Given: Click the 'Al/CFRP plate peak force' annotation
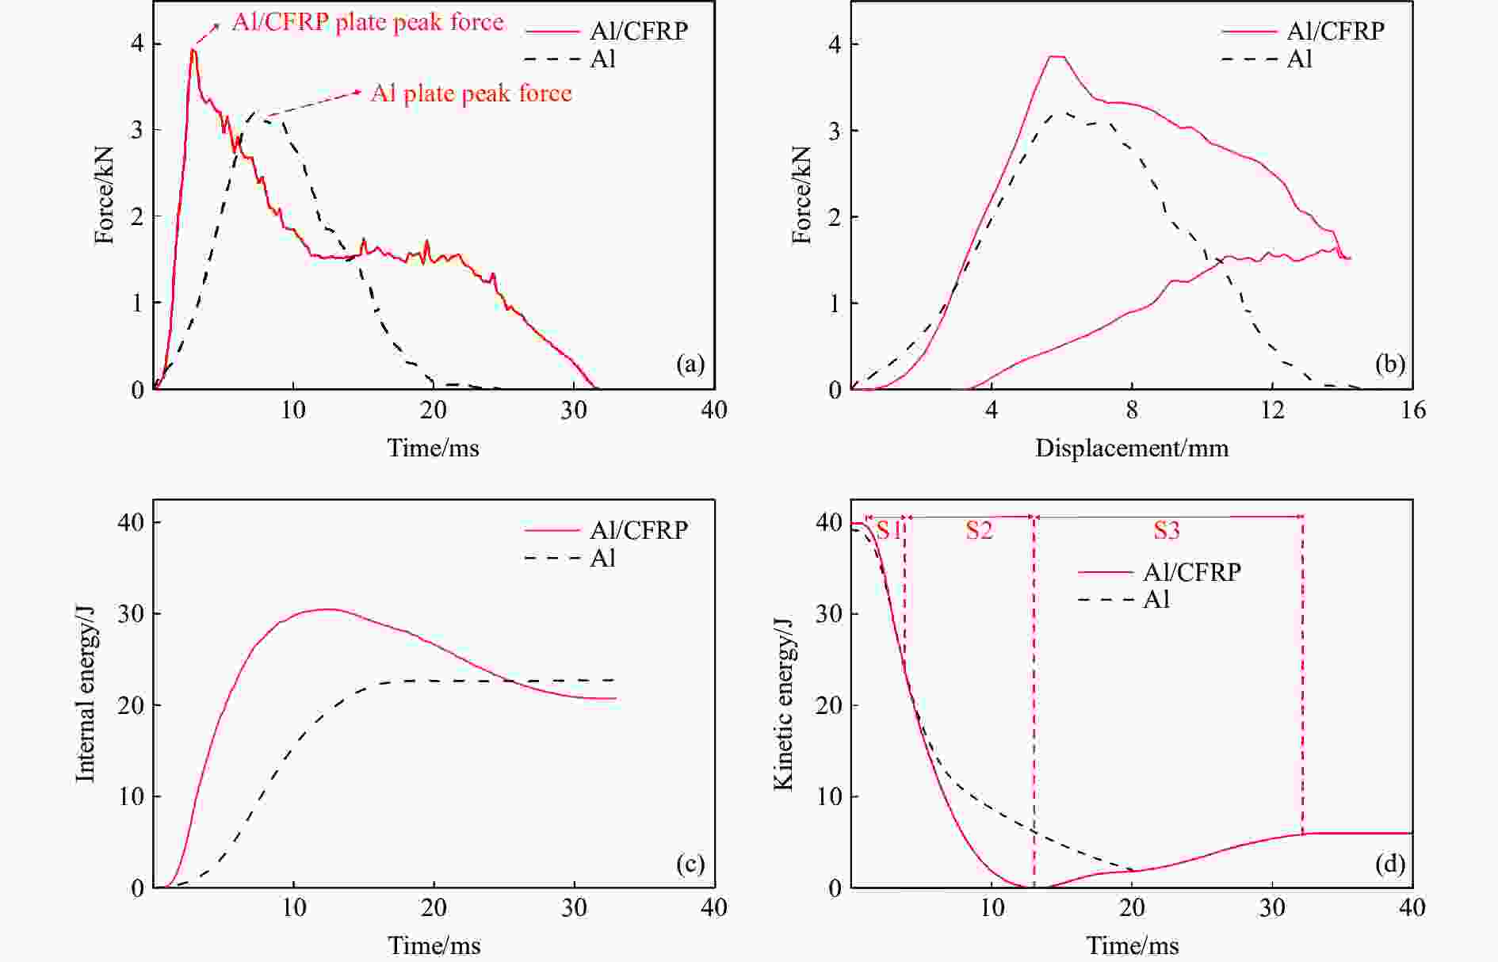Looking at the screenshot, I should [368, 22].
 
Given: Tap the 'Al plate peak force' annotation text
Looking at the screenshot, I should [471, 94].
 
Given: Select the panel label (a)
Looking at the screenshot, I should [690, 364].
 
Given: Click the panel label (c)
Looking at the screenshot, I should [690, 863].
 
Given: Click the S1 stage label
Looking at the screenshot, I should [888, 530].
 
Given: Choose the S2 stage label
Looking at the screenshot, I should [979, 530].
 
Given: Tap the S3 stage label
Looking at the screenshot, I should [1166, 530].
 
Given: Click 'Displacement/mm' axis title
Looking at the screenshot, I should [1131, 449].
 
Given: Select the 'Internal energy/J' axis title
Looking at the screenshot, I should [86, 694].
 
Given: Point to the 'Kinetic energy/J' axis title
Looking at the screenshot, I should [783, 704].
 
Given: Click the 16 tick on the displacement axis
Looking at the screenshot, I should [1412, 410].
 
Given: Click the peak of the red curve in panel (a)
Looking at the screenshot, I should [193, 50].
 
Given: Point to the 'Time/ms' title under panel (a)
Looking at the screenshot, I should [433, 449].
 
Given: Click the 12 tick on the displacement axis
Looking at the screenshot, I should [1271, 410].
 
